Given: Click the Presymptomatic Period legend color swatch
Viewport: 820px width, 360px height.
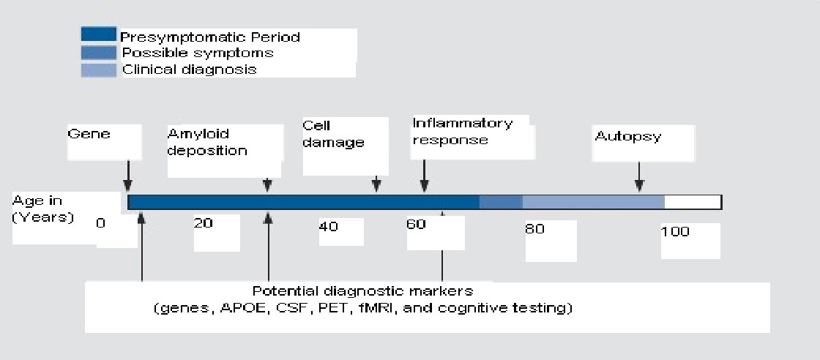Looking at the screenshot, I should (98, 34).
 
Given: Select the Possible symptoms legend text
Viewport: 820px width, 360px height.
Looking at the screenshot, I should (197, 53).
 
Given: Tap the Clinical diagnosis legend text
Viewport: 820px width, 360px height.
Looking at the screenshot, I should (189, 70).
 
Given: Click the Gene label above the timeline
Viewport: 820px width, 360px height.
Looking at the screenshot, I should (89, 135).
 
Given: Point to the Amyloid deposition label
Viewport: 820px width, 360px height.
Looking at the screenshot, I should (207, 143).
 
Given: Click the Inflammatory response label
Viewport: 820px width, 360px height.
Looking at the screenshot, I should (462, 131).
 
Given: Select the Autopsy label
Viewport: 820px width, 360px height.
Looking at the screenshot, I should (627, 137).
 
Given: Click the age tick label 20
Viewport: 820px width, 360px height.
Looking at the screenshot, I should (204, 224).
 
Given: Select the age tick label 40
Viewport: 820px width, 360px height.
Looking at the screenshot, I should (329, 227).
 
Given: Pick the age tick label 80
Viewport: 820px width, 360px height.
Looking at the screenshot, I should (535, 229).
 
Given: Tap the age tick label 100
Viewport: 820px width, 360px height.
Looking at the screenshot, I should (675, 232).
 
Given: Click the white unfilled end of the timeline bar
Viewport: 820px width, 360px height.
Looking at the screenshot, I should (693, 202).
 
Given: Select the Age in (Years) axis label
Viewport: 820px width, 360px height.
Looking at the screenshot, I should (43, 209).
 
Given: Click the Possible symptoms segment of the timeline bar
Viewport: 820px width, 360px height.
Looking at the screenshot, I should (501, 202).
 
